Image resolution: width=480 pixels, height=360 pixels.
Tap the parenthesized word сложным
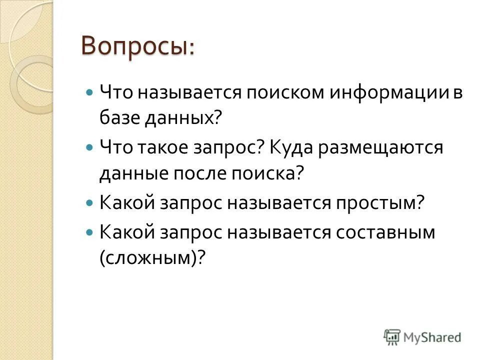click(x=152, y=258)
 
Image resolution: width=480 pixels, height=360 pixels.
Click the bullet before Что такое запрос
click(x=89, y=148)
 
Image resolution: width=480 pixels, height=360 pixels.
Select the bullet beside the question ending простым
click(x=89, y=204)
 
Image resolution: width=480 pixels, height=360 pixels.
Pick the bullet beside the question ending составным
click(x=89, y=232)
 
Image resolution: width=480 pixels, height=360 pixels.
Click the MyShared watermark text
click(x=432, y=337)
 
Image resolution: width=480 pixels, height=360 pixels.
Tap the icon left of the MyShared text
click(x=392, y=336)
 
